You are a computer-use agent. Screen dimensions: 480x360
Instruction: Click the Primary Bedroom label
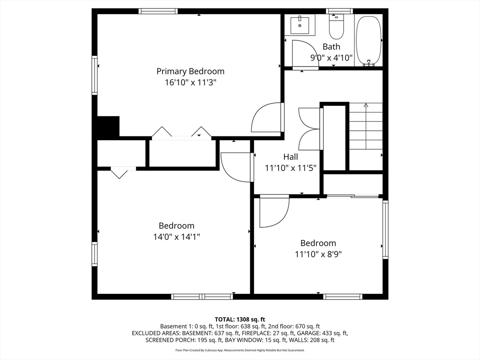pos(190,71)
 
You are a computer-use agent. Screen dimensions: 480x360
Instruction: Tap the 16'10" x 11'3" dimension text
pos(190,82)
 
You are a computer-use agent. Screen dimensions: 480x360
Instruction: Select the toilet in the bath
pos(337,27)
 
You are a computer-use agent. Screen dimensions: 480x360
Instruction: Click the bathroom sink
pos(300,24)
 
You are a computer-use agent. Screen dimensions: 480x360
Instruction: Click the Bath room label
pos(331,47)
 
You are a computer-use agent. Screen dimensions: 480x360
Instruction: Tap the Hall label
pos(291,157)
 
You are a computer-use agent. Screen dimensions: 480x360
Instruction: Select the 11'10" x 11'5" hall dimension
pos(291,168)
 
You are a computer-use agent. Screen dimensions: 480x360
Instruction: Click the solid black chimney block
pos(108,127)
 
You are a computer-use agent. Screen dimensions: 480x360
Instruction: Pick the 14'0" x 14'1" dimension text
pos(177,237)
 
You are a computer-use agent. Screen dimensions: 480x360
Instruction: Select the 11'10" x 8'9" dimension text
pos(318,254)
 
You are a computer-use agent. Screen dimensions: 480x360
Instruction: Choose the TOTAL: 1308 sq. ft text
pos(240,320)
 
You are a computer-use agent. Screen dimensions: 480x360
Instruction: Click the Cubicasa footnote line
pos(240,350)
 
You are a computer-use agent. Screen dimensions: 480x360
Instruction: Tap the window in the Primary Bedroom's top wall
pos(158,11)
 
